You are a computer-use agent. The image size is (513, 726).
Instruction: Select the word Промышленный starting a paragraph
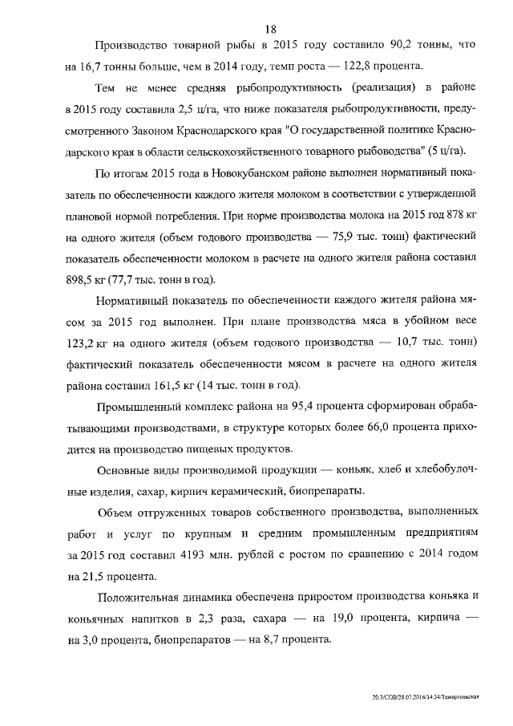(x=140, y=406)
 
